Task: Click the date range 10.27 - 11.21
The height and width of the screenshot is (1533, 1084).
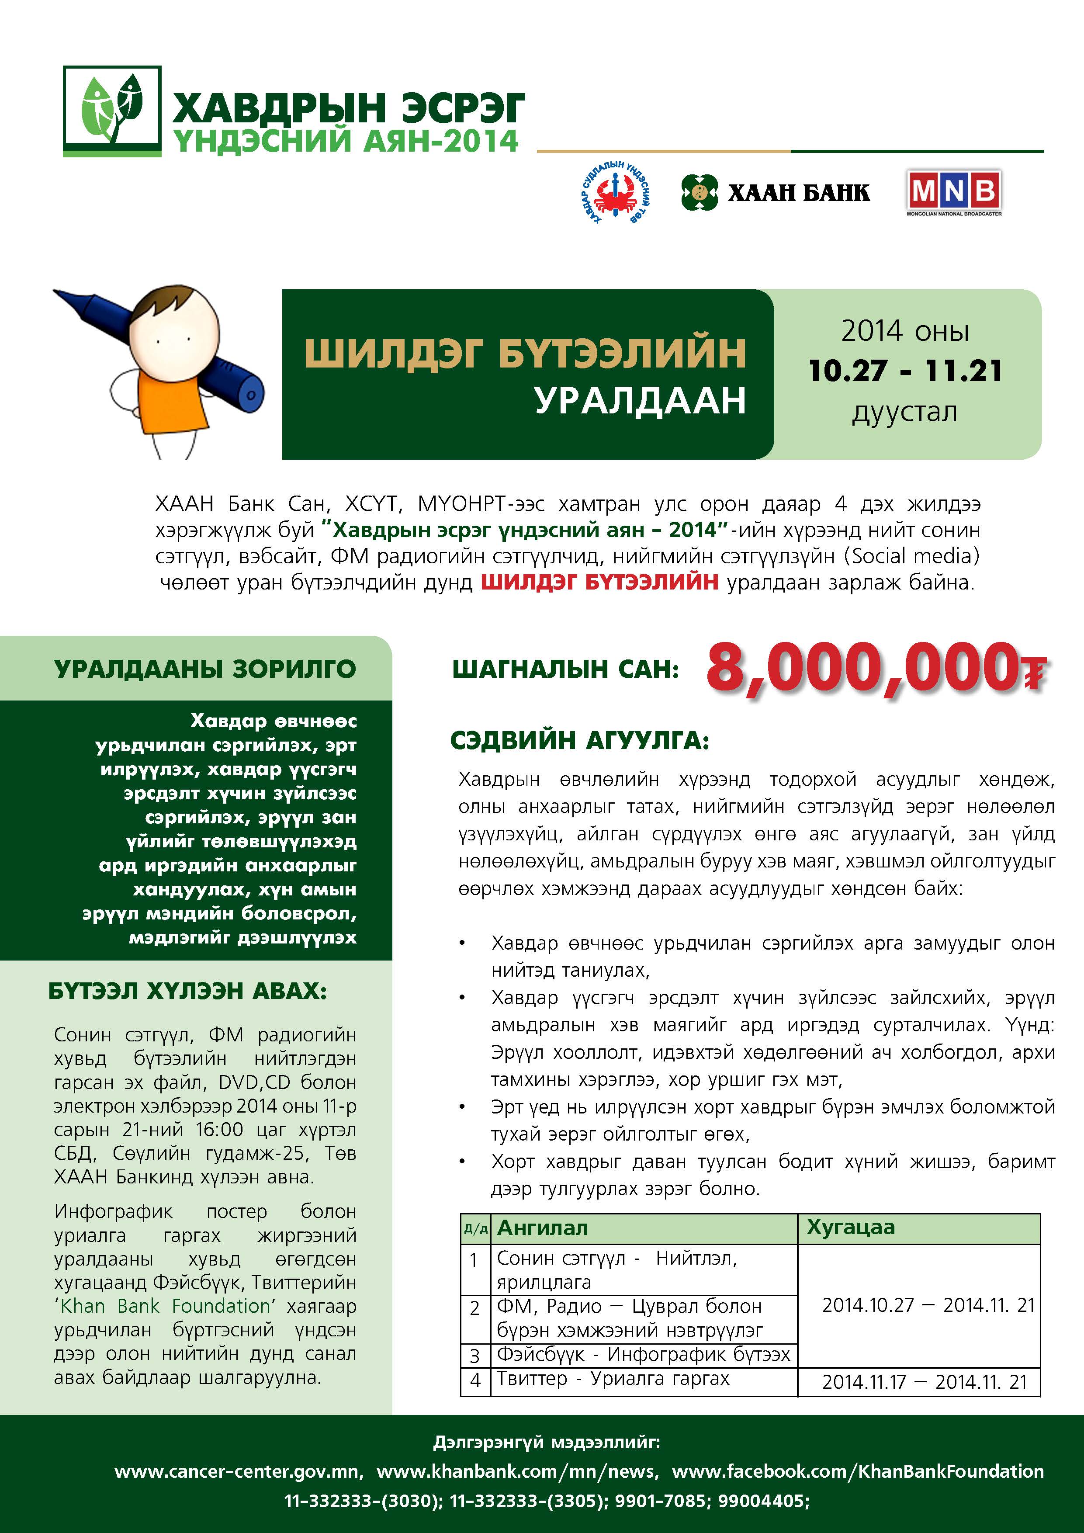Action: (x=905, y=371)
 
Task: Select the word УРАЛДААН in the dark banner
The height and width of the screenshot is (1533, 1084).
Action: (x=640, y=401)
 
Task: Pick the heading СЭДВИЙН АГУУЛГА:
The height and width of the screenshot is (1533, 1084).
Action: (x=579, y=740)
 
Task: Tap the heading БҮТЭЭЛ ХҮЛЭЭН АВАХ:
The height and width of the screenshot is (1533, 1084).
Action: (x=187, y=991)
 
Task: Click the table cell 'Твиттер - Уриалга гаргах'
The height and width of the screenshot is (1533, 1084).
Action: (x=613, y=1378)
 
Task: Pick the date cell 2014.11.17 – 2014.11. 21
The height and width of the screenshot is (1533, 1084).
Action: (x=925, y=1381)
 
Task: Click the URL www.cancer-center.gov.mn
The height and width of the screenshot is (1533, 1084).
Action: (x=238, y=1471)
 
